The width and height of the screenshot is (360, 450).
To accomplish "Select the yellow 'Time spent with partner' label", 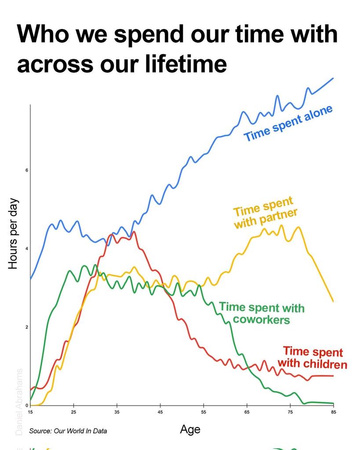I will [x=265, y=213].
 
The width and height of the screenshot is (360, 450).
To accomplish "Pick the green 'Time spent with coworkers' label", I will [x=262, y=313].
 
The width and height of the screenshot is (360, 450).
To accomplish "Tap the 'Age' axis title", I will [x=190, y=429].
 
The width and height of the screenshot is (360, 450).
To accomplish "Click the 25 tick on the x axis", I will [x=73, y=412].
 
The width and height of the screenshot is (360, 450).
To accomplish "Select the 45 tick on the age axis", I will [x=160, y=412].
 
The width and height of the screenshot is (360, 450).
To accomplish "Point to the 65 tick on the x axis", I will [x=247, y=412].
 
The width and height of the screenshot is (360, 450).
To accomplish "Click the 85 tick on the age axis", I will [x=334, y=412].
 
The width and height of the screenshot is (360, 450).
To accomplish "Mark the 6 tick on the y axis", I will [x=26, y=170].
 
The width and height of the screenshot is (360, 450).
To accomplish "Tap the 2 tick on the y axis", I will [x=26, y=327].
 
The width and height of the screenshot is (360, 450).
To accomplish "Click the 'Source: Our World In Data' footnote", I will [x=68, y=431].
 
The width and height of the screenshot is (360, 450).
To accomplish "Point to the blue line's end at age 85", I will [x=333, y=78].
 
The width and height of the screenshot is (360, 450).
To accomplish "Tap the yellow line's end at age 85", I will [x=333, y=301].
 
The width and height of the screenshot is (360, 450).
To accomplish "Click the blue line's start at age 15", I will [x=30, y=279].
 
